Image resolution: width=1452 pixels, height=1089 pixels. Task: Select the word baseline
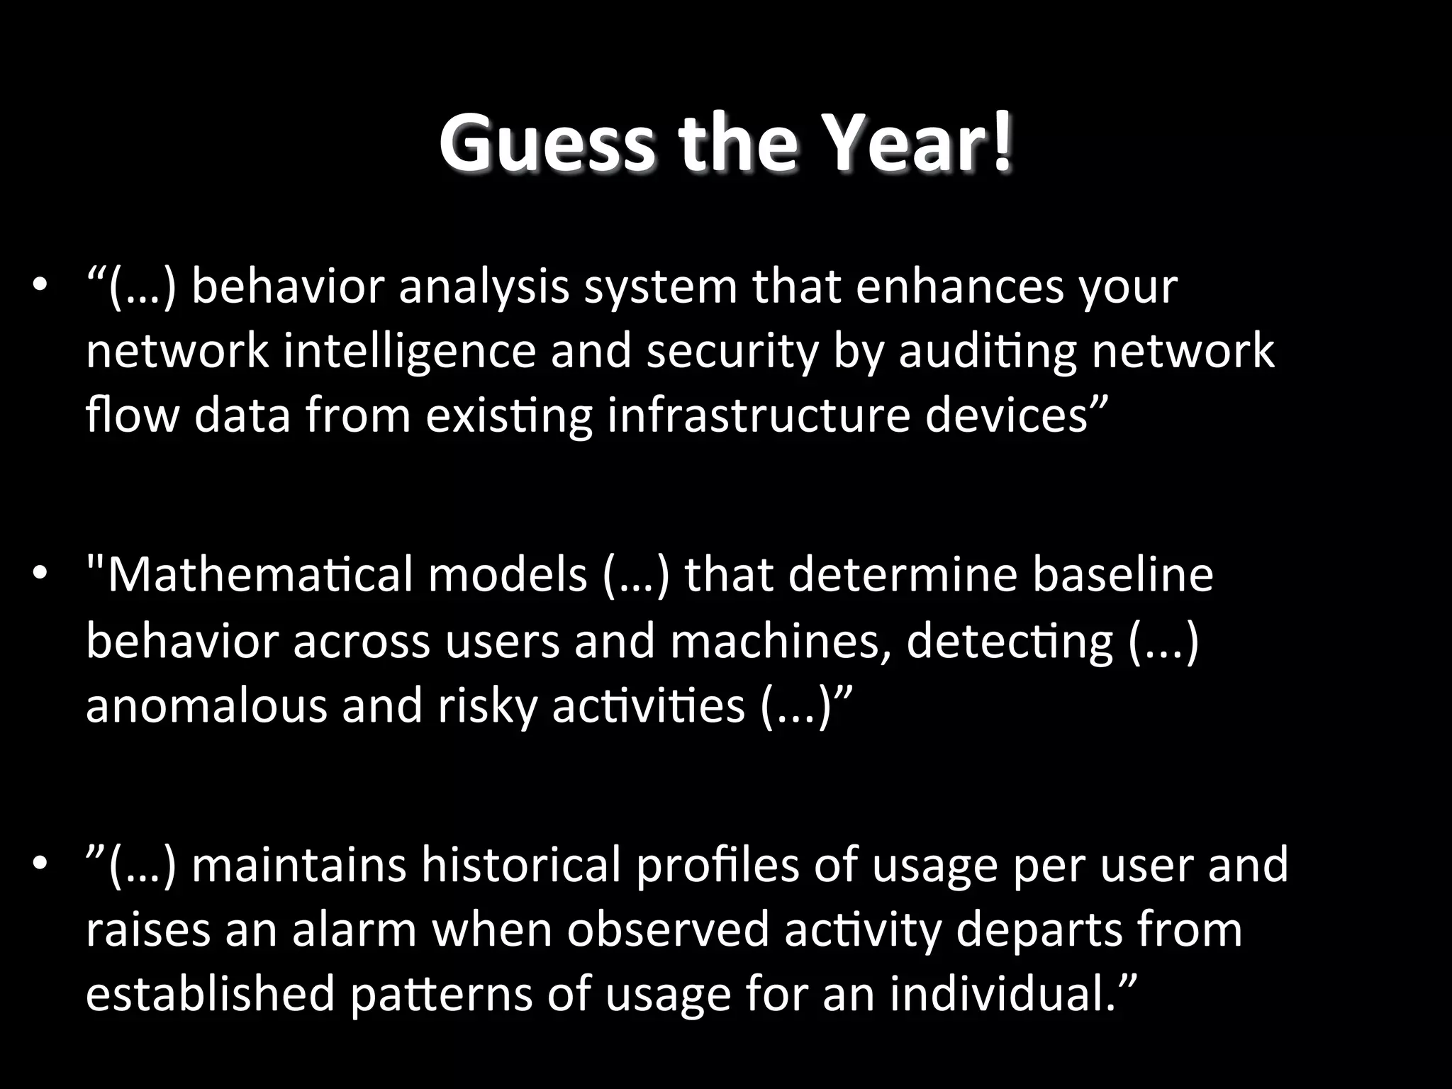1123,575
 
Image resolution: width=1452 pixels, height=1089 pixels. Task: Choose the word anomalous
206,705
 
